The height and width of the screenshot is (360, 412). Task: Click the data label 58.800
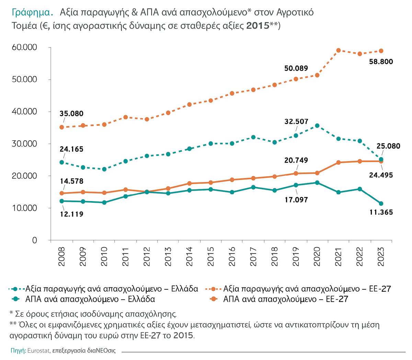381,62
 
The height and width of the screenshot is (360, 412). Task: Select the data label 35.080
71,114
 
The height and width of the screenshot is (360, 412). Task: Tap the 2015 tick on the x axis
210,256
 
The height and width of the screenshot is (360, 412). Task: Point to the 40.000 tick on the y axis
24,112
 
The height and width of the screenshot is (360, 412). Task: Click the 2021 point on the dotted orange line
339,50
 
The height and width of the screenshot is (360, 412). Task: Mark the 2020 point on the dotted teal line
317,126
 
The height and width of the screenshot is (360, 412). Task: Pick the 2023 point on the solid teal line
381,204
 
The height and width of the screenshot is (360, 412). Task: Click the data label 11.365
381,212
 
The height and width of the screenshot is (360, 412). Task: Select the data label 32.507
296,121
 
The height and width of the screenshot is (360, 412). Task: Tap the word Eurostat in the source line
38,351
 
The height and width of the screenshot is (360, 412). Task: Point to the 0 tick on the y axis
34,240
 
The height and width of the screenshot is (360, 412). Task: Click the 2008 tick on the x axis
62,256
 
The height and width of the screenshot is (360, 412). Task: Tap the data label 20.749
296,160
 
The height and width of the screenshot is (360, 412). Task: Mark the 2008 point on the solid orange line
62,193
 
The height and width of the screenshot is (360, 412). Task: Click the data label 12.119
71,214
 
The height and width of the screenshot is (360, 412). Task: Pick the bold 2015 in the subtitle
257,26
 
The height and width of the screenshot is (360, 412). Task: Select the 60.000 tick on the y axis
24,47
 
